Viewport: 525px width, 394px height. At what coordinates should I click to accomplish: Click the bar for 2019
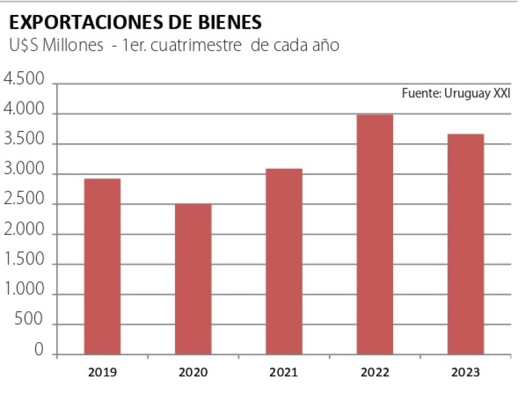[x=102, y=266]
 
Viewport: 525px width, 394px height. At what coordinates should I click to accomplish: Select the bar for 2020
[x=193, y=279]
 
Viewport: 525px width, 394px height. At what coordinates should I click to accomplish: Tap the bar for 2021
[x=284, y=261]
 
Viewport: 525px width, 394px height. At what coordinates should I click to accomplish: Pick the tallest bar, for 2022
[x=375, y=235]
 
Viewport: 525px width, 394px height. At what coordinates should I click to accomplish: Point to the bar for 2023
[x=466, y=244]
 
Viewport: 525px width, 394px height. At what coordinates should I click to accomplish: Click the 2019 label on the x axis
[x=102, y=373]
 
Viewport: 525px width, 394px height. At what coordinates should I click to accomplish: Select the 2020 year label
[x=193, y=373]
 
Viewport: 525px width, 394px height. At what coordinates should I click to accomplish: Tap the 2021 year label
[x=284, y=373]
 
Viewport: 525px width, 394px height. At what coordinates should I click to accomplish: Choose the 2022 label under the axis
[x=375, y=373]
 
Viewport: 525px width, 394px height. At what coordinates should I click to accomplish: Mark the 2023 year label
[x=466, y=373]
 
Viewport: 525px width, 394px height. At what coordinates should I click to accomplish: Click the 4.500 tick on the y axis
[x=24, y=81]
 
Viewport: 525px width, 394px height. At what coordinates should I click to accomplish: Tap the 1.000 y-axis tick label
[x=24, y=291]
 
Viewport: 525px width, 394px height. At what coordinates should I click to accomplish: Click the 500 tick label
[x=31, y=321]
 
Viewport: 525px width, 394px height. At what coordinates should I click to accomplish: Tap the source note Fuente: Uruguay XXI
[x=456, y=94]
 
